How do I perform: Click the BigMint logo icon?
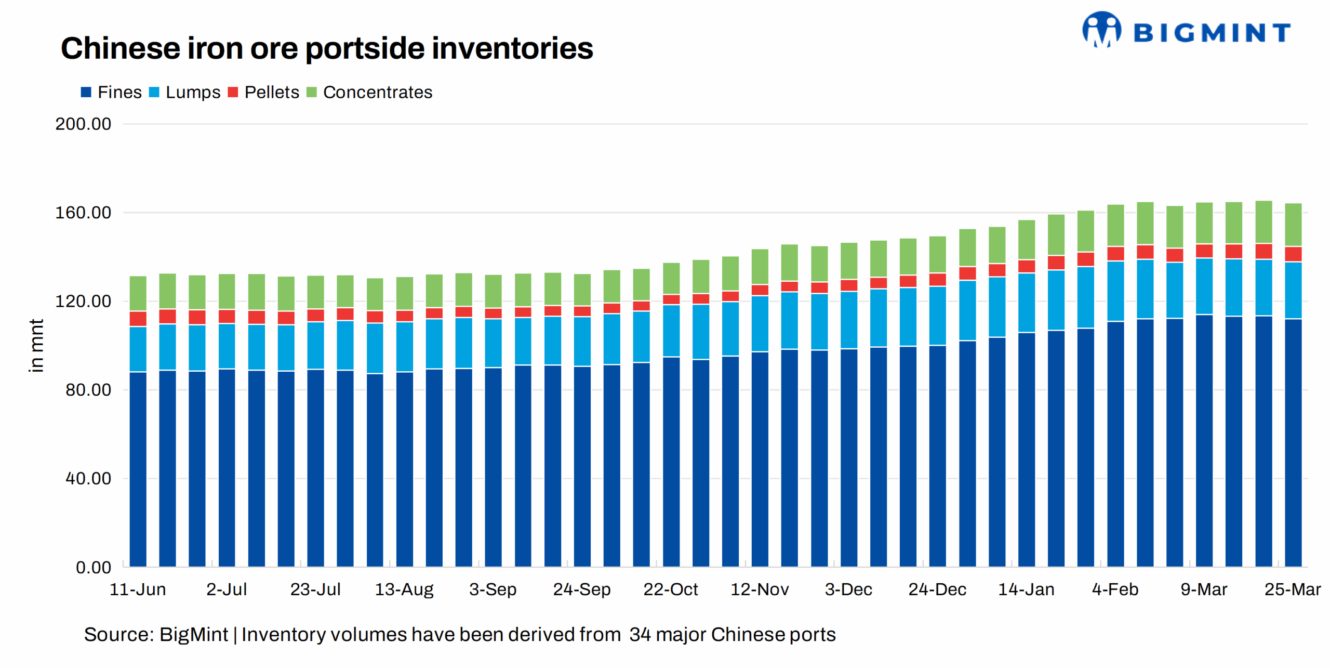tap(1101, 30)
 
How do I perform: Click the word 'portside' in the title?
tap(364, 48)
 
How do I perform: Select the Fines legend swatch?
tap(86, 92)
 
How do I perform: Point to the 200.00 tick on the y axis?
tap(83, 124)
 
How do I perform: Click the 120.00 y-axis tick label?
tap(83, 301)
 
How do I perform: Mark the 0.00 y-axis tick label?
tap(93, 567)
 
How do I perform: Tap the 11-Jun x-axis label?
tap(138, 589)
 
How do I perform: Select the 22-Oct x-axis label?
tap(670, 589)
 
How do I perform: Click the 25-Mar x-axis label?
tap(1292, 589)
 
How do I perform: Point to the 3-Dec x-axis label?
tap(848, 589)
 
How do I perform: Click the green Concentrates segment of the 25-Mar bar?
tap(1293, 225)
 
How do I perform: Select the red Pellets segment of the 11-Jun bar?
tap(138, 319)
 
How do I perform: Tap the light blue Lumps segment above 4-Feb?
tap(1115, 291)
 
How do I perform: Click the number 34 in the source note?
tap(640, 634)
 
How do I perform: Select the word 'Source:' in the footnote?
tap(119, 634)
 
